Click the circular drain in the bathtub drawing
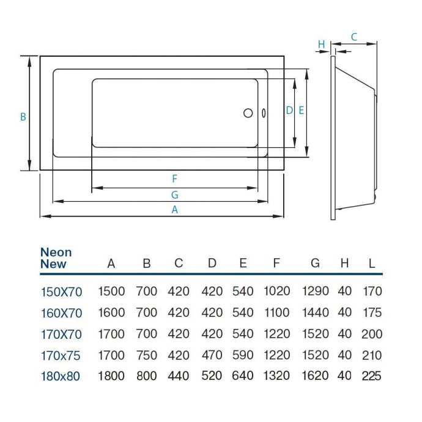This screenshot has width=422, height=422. click(248, 113)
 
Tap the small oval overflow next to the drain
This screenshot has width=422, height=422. click(264, 113)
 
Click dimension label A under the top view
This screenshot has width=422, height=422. click(174, 209)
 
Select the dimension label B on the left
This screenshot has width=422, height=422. click(23, 116)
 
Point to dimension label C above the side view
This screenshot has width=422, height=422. click(354, 37)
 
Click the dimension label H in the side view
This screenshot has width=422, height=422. click(321, 43)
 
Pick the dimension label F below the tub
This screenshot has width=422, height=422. click(174, 179)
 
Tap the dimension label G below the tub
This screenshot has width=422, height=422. click(174, 194)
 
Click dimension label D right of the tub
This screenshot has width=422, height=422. click(289, 111)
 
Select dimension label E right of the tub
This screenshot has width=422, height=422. click(301, 111)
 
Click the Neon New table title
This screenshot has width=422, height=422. click(56, 258)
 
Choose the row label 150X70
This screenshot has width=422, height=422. click(61, 292)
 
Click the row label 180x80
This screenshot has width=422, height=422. click(60, 376)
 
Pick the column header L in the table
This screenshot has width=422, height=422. click(371, 264)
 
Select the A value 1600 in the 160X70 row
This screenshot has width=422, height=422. click(111, 313)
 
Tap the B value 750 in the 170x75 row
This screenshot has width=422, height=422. click(146, 355)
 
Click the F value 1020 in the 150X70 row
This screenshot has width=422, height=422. click(276, 292)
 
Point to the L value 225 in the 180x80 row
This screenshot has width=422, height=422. click(371, 376)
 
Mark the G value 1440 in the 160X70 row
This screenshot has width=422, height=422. click(315, 313)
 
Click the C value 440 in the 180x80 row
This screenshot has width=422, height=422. click(179, 376)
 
